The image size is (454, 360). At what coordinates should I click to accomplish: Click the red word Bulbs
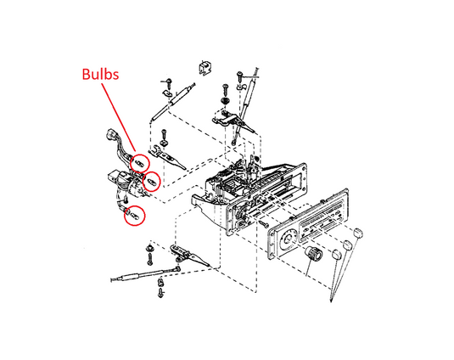tap(100, 74)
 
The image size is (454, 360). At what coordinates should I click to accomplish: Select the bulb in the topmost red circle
tap(139, 163)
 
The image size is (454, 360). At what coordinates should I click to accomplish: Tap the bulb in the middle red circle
tap(151, 182)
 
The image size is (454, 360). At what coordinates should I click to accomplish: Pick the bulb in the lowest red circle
tap(134, 216)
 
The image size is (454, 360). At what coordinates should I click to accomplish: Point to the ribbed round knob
tap(314, 252)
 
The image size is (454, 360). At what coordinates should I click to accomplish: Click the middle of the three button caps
tap(347, 245)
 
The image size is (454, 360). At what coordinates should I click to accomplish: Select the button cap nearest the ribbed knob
tap(336, 254)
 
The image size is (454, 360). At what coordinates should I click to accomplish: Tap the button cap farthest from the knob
tap(359, 233)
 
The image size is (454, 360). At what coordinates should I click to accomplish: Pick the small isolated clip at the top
tap(205, 69)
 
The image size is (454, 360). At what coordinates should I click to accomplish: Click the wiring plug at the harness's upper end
tap(111, 134)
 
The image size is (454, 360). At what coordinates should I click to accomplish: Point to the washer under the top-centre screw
tap(225, 101)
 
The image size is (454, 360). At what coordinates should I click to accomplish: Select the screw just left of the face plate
tap(264, 223)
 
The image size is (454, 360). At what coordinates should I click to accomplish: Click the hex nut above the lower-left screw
tap(149, 248)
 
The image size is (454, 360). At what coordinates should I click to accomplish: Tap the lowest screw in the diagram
tap(160, 293)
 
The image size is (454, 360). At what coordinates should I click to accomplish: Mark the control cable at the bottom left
tap(145, 274)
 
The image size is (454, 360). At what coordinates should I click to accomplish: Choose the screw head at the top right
tap(239, 74)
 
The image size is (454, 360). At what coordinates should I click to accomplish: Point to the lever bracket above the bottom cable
tap(188, 255)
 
